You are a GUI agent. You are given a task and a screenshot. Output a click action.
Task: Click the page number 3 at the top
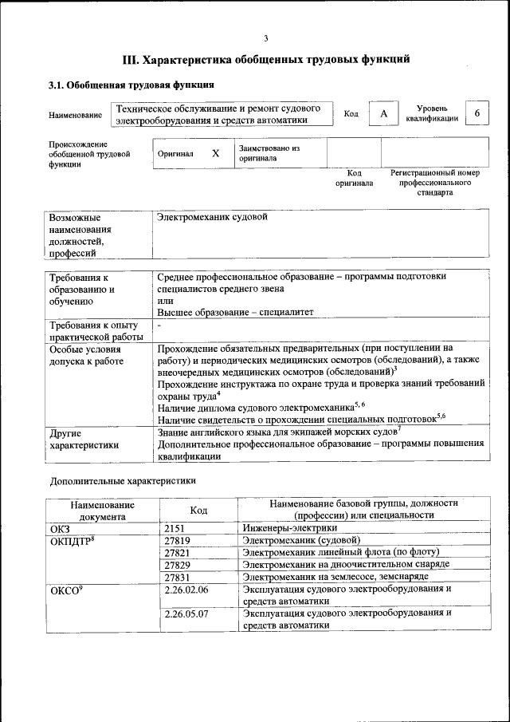click(x=266, y=39)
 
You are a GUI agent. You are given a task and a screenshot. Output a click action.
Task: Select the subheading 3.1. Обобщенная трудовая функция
click(x=131, y=85)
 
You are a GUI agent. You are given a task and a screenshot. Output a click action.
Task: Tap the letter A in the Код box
click(x=383, y=114)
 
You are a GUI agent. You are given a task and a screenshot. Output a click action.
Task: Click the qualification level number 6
click(x=477, y=113)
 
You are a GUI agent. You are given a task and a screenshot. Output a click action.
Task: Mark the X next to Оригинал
click(x=215, y=153)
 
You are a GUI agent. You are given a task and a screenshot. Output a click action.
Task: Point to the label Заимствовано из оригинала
click(x=269, y=153)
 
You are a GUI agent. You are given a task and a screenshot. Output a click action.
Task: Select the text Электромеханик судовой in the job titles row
click(x=212, y=217)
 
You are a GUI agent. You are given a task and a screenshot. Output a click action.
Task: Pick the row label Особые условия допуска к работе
click(x=86, y=356)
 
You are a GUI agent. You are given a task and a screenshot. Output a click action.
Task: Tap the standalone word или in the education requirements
click(x=165, y=301)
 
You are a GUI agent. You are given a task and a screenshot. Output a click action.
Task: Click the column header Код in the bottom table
click(x=199, y=510)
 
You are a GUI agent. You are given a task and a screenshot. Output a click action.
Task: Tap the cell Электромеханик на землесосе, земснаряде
click(x=335, y=577)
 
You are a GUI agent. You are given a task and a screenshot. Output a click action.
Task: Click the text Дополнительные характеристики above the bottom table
click(x=123, y=481)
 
